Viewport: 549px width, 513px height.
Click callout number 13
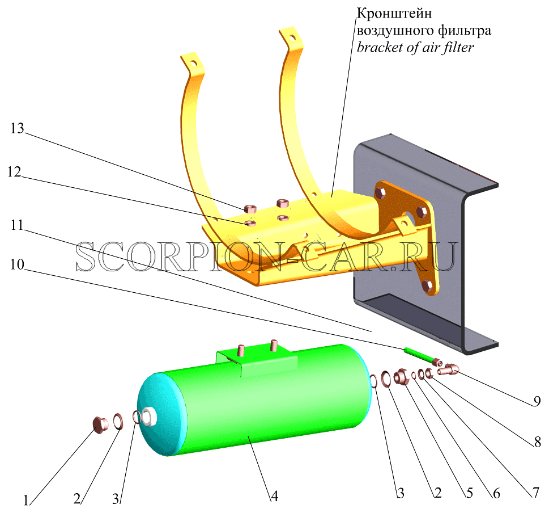(17, 129)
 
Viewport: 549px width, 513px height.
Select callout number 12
(15, 172)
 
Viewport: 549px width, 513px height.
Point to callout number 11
(17, 225)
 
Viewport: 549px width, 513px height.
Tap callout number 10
(17, 264)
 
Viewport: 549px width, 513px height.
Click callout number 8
(538, 443)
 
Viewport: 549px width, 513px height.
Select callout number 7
(536, 493)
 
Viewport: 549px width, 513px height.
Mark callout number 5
(470, 493)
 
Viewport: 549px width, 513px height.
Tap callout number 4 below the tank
(275, 496)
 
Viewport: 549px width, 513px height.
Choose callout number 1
(26, 501)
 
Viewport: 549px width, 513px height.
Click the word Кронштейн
(394, 13)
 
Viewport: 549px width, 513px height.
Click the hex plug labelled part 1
(99, 423)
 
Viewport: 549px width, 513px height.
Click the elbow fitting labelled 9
(448, 369)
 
